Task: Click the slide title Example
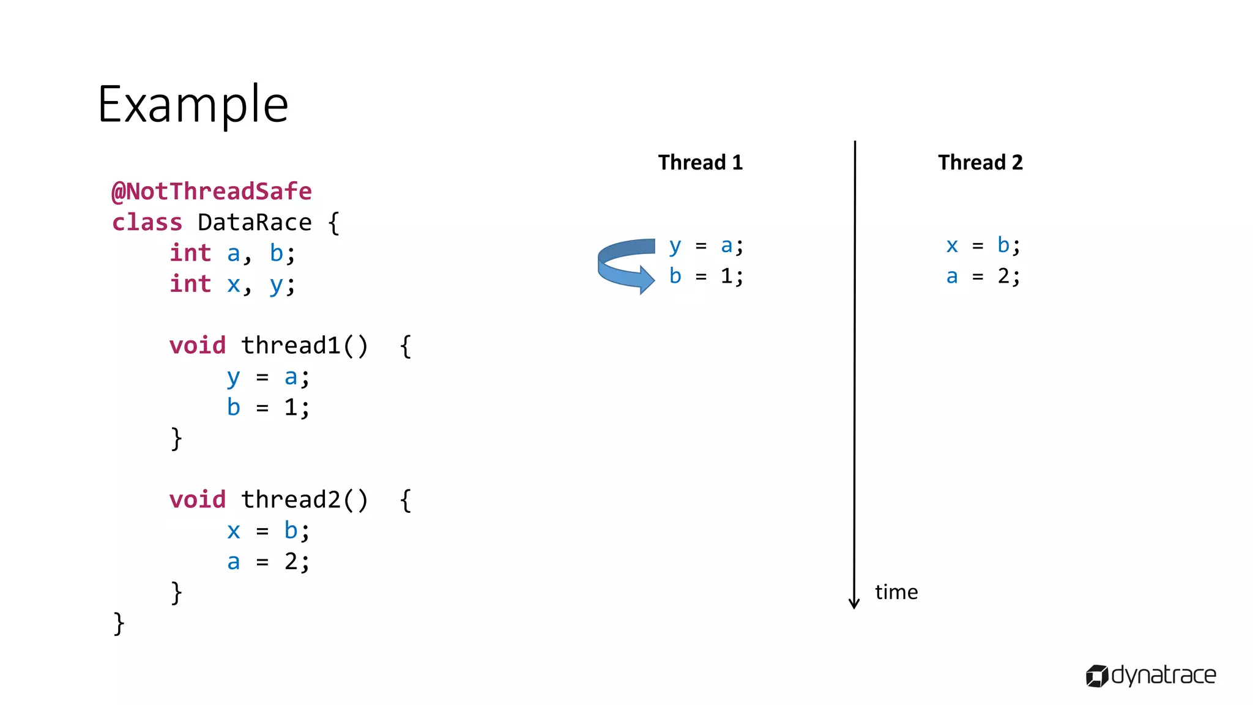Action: point(193,105)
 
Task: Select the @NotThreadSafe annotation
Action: point(212,192)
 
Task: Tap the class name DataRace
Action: point(255,222)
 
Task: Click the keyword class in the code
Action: point(147,222)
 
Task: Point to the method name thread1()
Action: point(305,346)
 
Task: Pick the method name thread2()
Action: point(305,500)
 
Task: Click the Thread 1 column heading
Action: point(700,163)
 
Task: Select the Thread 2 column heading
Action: point(980,163)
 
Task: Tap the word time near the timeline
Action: point(896,592)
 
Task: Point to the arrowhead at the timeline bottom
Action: point(854,604)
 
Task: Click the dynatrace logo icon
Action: point(1096,676)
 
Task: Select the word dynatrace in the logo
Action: point(1164,676)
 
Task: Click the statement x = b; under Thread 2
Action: point(983,245)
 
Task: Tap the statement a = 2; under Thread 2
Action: point(983,277)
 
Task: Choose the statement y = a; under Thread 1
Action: point(706,246)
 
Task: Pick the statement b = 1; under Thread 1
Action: point(706,277)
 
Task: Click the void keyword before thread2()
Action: point(197,500)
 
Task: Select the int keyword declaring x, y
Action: point(190,284)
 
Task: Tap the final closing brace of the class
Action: point(119,624)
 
